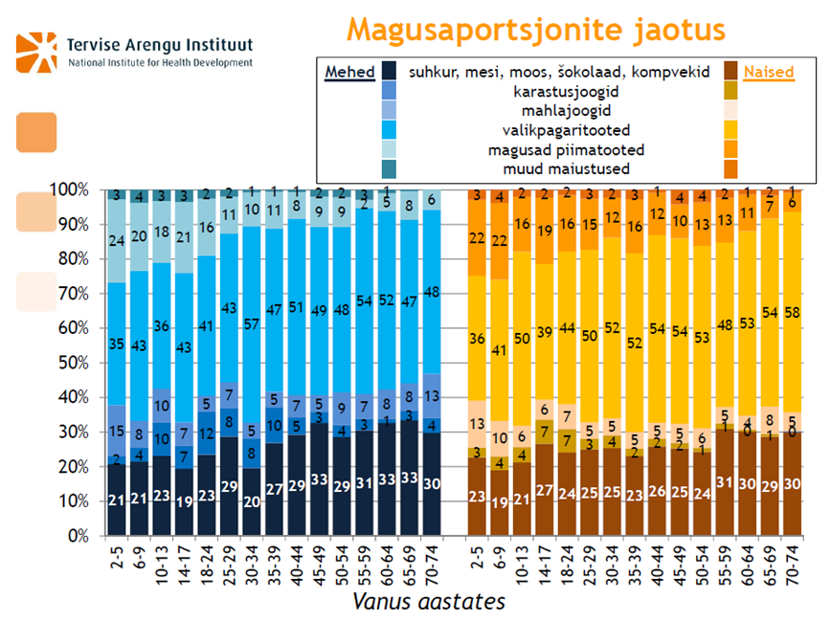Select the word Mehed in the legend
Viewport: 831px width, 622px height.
[x=349, y=73]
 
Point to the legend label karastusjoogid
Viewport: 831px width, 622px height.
[x=552, y=92]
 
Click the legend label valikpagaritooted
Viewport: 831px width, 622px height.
[x=552, y=130]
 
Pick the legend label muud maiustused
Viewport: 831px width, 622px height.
[x=552, y=169]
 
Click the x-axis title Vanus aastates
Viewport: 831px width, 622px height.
[x=429, y=602]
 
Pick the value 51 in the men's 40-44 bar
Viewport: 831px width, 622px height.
[x=297, y=308]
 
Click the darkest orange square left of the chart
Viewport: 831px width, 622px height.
[x=36, y=132]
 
